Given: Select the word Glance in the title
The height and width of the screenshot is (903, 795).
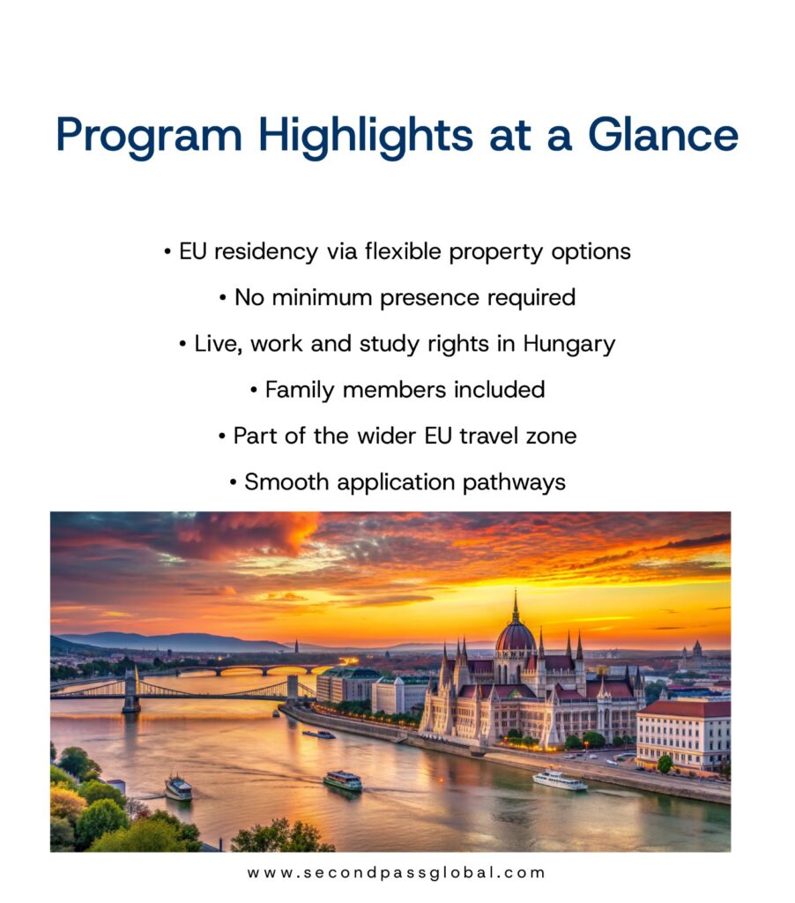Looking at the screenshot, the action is pyautogui.click(x=663, y=134).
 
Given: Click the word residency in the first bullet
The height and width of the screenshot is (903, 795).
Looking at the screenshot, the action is pyautogui.click(x=265, y=252).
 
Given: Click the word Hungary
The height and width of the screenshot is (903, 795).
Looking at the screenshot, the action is pyautogui.click(x=568, y=345).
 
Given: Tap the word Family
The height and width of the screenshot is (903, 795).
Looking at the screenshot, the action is pyautogui.click(x=300, y=391).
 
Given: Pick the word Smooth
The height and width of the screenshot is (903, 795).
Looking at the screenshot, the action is pyautogui.click(x=286, y=482).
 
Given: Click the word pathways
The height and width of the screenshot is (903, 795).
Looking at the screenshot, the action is pyautogui.click(x=514, y=482).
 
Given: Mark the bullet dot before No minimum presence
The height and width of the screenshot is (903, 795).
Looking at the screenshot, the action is pyautogui.click(x=223, y=299).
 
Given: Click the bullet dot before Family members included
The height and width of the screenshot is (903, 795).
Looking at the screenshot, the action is pyautogui.click(x=254, y=391).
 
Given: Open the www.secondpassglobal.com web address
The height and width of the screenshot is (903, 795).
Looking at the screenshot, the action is pyautogui.click(x=396, y=872).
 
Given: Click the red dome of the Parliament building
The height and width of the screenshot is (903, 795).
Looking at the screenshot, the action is pyautogui.click(x=516, y=637).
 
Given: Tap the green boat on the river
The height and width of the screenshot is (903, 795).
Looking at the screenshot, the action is pyautogui.click(x=343, y=781).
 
